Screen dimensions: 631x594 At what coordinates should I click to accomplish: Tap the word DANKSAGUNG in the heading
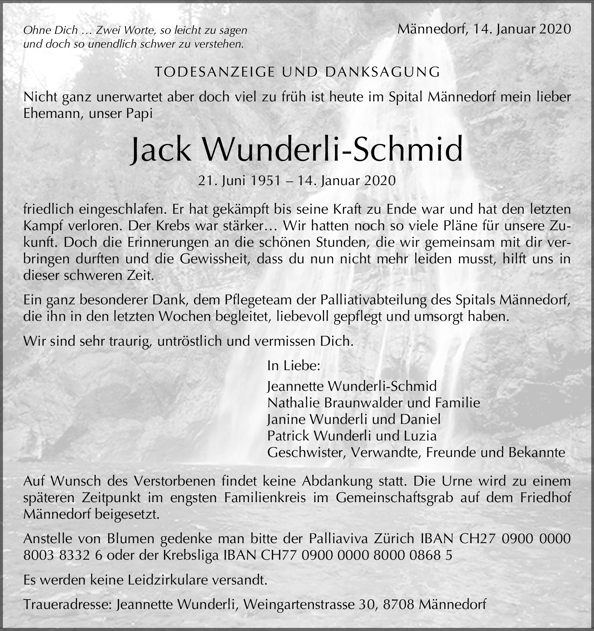tap(382, 72)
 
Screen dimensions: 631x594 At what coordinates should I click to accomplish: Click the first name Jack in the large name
tap(161, 150)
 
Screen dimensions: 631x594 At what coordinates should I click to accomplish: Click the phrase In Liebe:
tap(294, 366)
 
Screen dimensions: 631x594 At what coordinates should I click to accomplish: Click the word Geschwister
tap(306, 452)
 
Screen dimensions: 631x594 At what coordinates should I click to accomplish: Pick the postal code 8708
tap(398, 604)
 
